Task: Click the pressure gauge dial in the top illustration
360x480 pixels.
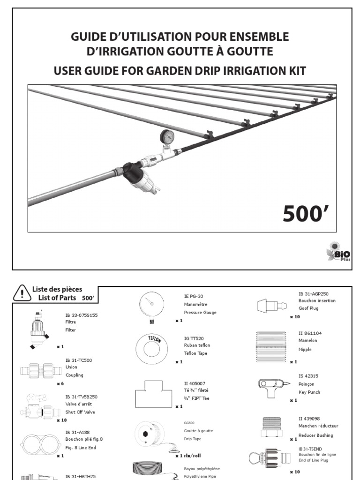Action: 167,136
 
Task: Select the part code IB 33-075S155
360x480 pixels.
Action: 82,315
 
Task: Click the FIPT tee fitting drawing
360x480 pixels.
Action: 151,393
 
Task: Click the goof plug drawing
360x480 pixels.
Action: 270,306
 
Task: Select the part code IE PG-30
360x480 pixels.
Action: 194,296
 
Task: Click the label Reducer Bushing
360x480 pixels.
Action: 315,435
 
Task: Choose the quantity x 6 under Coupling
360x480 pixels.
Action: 60,383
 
